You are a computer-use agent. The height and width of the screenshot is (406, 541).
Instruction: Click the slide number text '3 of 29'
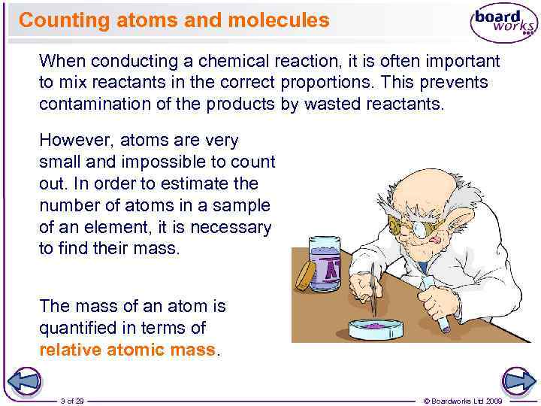pyautogui.click(x=72, y=401)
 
